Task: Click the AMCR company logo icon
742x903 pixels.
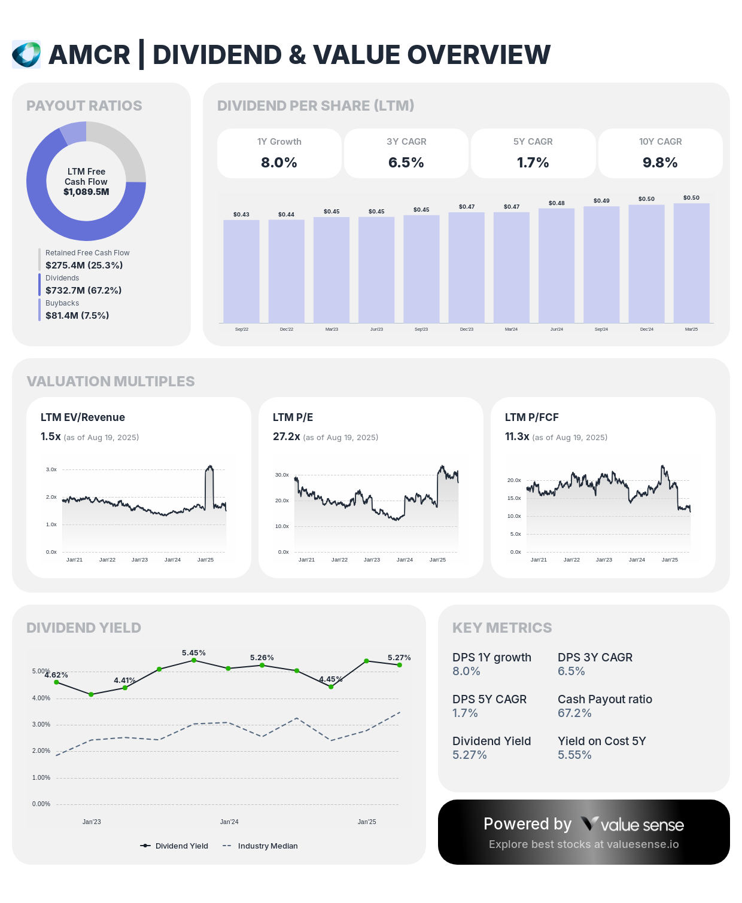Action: pyautogui.click(x=26, y=54)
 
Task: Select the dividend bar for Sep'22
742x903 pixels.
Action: pyautogui.click(x=241, y=271)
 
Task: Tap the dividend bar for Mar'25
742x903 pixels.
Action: pyautogui.click(x=691, y=263)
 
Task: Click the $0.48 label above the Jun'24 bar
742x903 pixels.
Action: pyautogui.click(x=556, y=203)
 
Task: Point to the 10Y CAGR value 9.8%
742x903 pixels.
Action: pyautogui.click(x=660, y=163)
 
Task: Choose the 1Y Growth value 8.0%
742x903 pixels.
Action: pyautogui.click(x=279, y=163)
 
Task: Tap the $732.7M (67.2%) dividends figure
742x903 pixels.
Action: pyautogui.click(x=84, y=291)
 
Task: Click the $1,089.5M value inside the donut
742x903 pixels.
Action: pyautogui.click(x=86, y=192)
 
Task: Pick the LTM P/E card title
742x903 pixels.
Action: pyautogui.click(x=293, y=417)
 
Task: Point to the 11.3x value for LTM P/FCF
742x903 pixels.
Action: pyautogui.click(x=517, y=437)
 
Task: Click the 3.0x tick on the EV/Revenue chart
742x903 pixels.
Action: pyautogui.click(x=51, y=469)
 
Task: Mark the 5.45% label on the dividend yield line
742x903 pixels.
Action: pyautogui.click(x=194, y=653)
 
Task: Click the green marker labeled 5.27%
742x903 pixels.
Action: pyautogui.click(x=400, y=665)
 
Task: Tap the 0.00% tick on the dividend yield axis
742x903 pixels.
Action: pyautogui.click(x=41, y=804)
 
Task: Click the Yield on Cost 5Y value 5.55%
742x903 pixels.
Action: pyautogui.click(x=574, y=755)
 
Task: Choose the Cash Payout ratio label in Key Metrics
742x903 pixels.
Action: pyautogui.click(x=604, y=699)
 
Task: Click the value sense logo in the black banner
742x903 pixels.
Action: pyautogui.click(x=632, y=825)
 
